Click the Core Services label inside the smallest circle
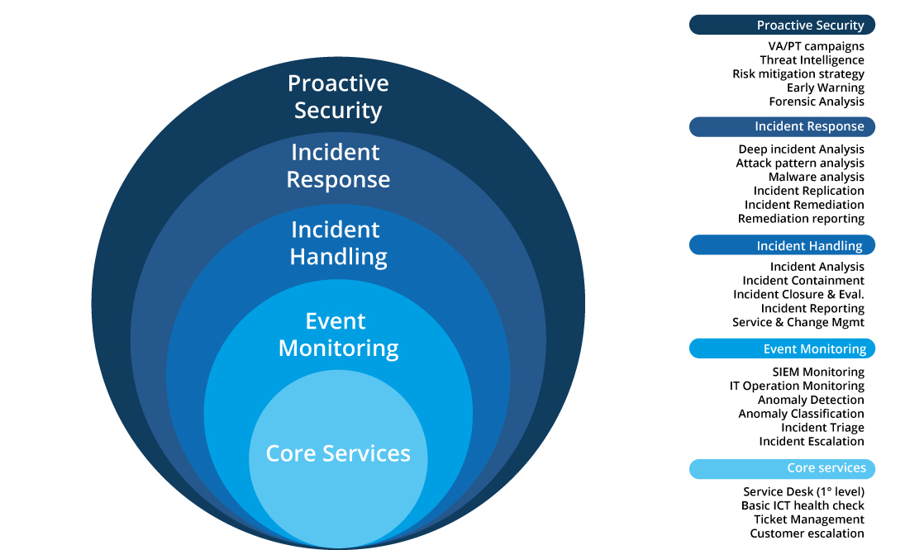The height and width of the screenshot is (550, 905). [338, 453]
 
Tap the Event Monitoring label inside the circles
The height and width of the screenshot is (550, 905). [338, 334]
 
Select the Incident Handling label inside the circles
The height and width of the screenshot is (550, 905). [338, 244]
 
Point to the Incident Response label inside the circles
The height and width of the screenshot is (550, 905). [338, 165]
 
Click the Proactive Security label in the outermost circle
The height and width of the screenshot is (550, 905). [338, 97]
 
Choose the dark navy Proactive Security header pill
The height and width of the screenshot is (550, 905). [782, 25]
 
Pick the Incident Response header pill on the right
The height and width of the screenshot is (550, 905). [782, 127]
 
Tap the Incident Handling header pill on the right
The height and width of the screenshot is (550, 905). [782, 245]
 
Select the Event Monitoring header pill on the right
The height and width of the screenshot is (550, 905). [782, 348]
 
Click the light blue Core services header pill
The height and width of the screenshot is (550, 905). [782, 469]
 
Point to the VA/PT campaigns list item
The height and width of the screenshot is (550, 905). [816, 46]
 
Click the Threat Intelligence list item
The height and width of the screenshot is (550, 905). [812, 60]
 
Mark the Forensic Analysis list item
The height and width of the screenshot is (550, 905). [817, 102]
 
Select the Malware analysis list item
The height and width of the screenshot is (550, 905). [816, 177]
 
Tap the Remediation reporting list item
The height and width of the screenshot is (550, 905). [801, 219]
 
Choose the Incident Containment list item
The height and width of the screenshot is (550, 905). [803, 281]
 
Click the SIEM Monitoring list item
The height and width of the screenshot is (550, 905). [818, 372]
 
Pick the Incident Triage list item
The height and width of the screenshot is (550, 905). [822, 427]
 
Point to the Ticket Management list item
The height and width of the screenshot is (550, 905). [808, 519]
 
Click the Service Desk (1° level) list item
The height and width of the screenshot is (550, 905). [803, 491]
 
